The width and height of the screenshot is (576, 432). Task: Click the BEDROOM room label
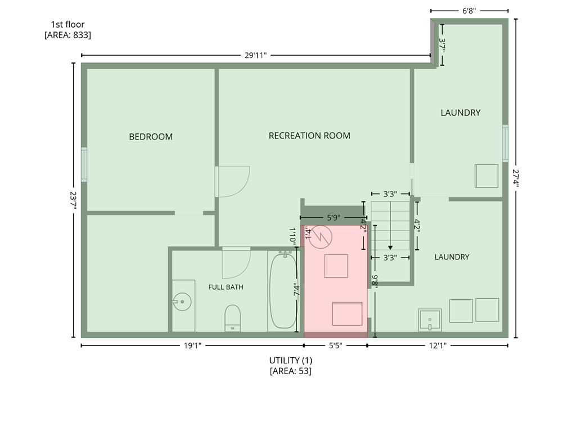[151, 137]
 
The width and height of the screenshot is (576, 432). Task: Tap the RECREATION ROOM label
[309, 136]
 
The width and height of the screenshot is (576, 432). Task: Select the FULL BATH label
[226, 287]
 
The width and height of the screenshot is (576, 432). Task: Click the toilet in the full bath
[232, 318]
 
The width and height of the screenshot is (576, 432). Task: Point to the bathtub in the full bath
[283, 290]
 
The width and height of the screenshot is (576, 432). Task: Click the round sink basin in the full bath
[182, 301]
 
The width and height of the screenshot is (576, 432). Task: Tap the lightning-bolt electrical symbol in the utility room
[320, 237]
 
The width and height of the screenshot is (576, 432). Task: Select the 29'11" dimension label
[256, 55]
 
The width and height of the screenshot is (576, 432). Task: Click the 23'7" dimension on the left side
[74, 200]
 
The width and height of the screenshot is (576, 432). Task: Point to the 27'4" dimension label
[516, 178]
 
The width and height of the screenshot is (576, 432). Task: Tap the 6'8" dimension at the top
[469, 11]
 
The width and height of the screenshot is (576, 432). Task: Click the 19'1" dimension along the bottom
[192, 345]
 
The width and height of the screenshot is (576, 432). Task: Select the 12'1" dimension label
[438, 345]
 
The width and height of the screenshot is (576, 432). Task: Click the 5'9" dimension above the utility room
[333, 218]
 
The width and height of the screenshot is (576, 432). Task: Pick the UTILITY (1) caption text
[291, 360]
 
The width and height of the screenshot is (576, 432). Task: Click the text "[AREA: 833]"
[67, 35]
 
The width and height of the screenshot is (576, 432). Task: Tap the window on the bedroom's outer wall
[84, 164]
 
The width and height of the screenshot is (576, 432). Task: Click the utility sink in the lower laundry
[430, 320]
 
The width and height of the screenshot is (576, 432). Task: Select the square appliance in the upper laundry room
[487, 176]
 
